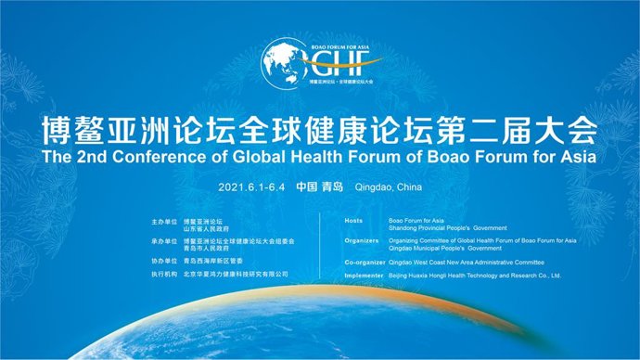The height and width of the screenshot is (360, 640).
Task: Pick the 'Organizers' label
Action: [361, 240]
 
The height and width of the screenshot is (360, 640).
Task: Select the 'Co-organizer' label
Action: [364, 262]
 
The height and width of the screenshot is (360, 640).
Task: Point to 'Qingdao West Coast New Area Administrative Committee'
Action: [466, 262]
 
